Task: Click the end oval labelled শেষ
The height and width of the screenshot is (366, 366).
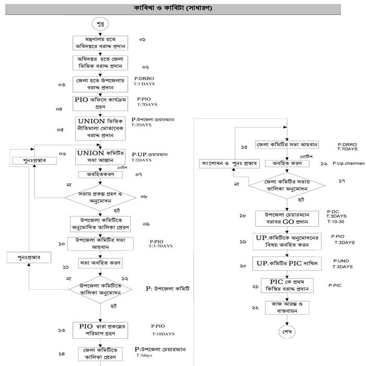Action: tap(287, 331)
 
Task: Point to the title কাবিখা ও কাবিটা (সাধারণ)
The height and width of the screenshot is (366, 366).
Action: tap(182, 8)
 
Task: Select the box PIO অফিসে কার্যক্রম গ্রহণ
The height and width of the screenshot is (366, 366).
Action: tap(100, 102)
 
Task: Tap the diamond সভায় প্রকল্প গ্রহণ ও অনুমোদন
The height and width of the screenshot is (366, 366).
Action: tap(100, 198)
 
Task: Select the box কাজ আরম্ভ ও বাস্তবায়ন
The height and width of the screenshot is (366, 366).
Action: tap(286, 307)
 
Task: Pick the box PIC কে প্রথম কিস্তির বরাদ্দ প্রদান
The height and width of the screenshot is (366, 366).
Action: tap(286, 285)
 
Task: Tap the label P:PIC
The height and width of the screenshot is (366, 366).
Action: tap(335, 285)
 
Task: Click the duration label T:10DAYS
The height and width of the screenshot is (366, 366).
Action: tap(164, 334)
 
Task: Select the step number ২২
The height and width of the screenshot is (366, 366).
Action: tap(255, 308)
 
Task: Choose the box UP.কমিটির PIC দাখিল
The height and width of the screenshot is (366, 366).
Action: tap(286, 262)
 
